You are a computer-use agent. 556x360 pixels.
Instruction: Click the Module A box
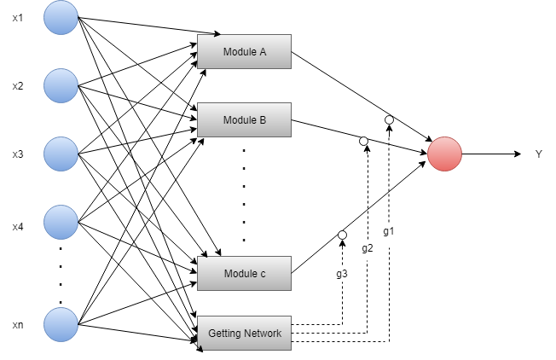tap(244, 52)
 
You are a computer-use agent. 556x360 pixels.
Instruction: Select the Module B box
tap(244, 120)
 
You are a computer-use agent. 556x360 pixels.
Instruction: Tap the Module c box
tap(244, 274)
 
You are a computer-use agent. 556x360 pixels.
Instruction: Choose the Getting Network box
tap(244, 332)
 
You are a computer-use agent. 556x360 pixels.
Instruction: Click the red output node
tap(444, 154)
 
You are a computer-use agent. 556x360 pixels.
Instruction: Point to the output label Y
tap(538, 154)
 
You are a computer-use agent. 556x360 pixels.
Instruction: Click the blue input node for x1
tap(61, 18)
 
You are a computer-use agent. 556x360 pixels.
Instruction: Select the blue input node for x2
tap(61, 85)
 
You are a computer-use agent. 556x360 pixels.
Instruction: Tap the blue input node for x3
tap(61, 154)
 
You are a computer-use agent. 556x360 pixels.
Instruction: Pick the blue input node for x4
tap(61, 222)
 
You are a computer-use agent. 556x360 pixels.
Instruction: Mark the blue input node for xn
tap(61, 324)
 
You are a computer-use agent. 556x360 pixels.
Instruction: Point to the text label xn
tap(18, 325)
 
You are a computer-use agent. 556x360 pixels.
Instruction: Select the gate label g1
tap(388, 231)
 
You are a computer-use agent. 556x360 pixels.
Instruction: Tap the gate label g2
tap(367, 248)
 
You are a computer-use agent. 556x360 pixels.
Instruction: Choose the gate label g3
tap(341, 274)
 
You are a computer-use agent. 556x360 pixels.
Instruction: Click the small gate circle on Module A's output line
tap(389, 119)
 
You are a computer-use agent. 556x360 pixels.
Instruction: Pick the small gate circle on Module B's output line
tap(363, 141)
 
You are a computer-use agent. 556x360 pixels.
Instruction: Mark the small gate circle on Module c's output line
tap(342, 235)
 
